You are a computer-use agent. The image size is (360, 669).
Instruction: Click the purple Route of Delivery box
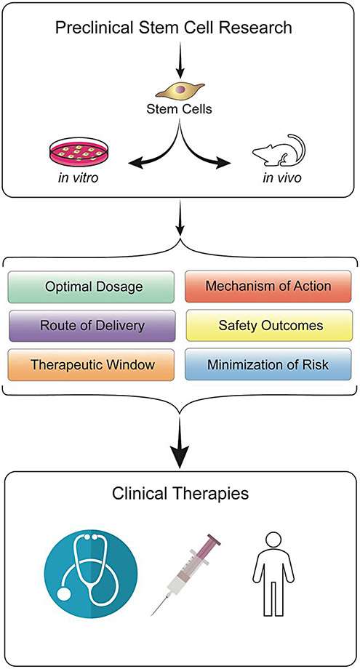pyautogui.click(x=92, y=324)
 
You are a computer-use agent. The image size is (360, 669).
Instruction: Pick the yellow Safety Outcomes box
pyautogui.click(x=270, y=324)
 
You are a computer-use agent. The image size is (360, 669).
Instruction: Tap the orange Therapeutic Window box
pyautogui.click(x=92, y=364)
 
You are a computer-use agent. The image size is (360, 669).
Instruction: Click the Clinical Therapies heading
pyautogui.click(x=180, y=495)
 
